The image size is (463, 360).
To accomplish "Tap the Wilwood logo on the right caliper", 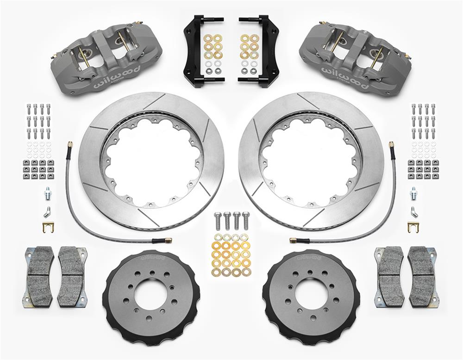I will [349, 80].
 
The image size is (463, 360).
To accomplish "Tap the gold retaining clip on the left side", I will [48, 227].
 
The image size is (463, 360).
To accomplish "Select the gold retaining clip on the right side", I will [413, 227].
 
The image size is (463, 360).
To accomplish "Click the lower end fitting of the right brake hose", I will [294, 240].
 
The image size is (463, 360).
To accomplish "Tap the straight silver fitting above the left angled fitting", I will [48, 192].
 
